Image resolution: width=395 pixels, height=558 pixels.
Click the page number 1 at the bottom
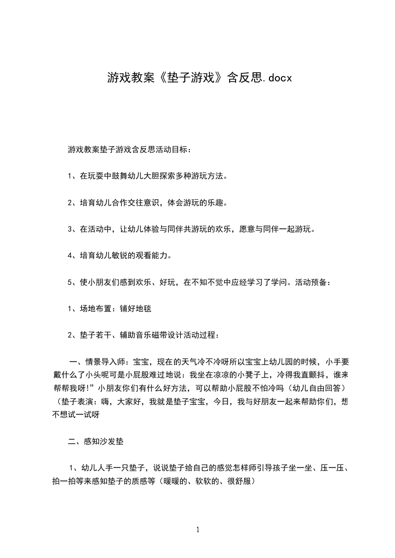tap(198, 530)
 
